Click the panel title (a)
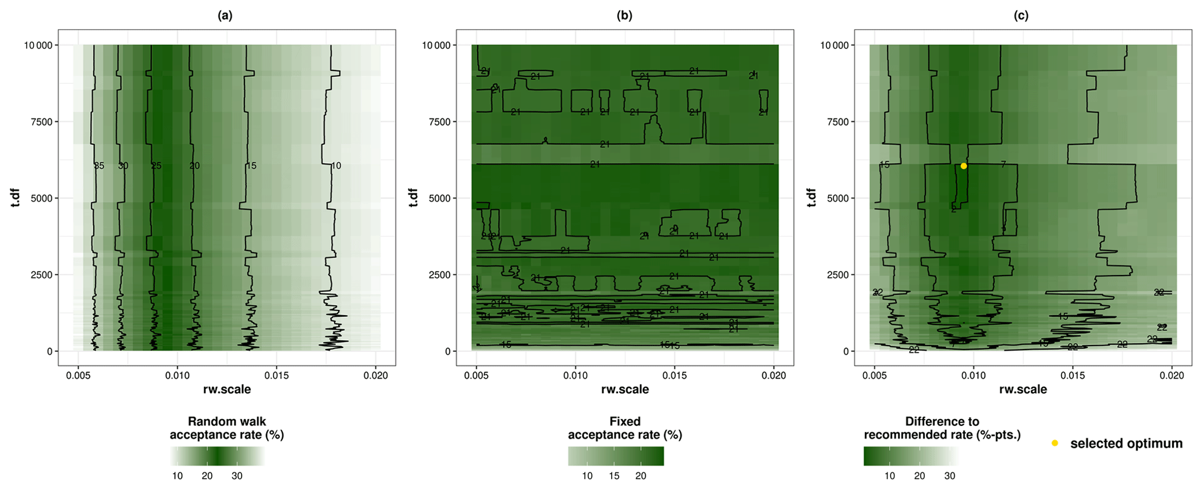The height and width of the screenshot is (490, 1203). pyautogui.click(x=225, y=16)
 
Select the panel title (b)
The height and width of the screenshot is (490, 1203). pyautogui.click(x=624, y=16)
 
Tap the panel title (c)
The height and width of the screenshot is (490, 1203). pyautogui.click(x=1021, y=16)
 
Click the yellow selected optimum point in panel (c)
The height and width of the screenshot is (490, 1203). pyautogui.click(x=964, y=166)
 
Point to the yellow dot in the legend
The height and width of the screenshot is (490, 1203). pyautogui.click(x=1055, y=443)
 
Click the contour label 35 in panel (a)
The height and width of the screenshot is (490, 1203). pyautogui.click(x=99, y=166)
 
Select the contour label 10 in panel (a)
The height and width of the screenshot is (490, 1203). pyautogui.click(x=336, y=166)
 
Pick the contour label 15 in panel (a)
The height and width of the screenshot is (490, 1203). pyautogui.click(x=251, y=166)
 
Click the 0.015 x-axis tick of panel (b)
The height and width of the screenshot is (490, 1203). pyautogui.click(x=675, y=376)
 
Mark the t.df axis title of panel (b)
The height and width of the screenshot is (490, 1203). pyautogui.click(x=413, y=198)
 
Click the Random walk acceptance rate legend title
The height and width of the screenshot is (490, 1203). pyautogui.click(x=226, y=428)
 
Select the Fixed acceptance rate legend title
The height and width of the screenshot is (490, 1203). pyautogui.click(x=624, y=428)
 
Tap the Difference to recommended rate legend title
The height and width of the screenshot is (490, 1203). pyautogui.click(x=942, y=428)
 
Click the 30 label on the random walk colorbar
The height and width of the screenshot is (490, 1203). pyautogui.click(x=237, y=476)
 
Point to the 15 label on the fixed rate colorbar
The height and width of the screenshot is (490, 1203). pyautogui.click(x=614, y=476)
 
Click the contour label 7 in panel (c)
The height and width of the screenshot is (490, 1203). pyautogui.click(x=1003, y=165)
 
